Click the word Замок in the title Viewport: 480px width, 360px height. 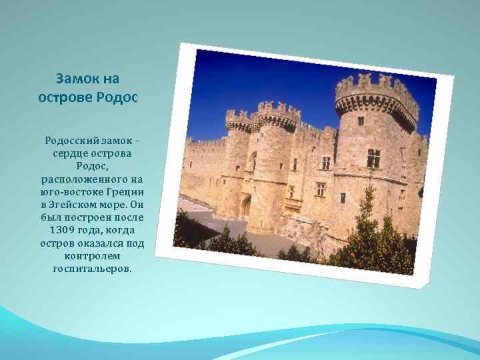coord(73,79)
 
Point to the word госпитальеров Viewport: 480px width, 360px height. coord(92,268)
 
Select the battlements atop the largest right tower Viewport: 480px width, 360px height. coord(377,91)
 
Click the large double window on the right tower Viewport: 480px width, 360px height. coord(373,159)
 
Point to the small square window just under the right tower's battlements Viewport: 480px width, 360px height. coord(361,121)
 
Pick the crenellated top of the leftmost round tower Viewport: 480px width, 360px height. coord(239,120)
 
